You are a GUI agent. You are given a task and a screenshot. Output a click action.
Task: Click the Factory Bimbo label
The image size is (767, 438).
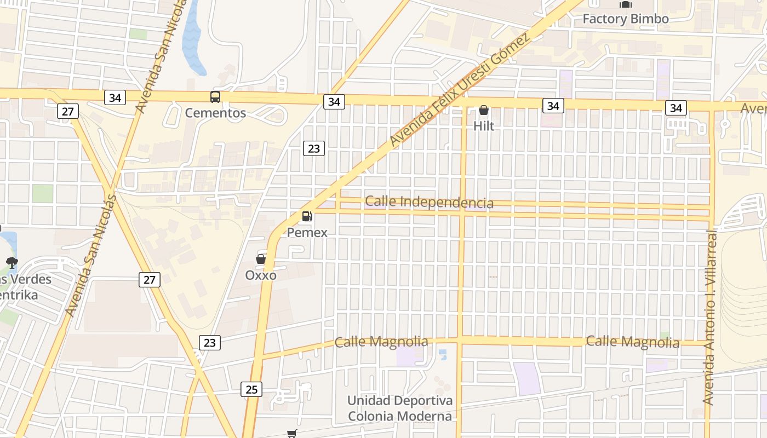coord(625,19)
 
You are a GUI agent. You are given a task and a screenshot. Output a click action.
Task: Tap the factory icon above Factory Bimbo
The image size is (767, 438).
coord(625,4)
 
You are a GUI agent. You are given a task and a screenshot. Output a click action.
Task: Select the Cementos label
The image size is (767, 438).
coord(215,113)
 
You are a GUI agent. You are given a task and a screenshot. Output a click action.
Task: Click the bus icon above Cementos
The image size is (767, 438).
coord(215,97)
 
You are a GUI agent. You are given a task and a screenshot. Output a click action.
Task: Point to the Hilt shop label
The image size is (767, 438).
coord(484,126)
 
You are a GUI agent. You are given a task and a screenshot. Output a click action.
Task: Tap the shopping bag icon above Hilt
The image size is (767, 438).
coord(484,111)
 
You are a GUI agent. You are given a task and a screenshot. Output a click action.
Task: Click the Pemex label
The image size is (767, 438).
coord(307,232)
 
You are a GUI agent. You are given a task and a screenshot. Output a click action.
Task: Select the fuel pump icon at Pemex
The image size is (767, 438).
coord(307,216)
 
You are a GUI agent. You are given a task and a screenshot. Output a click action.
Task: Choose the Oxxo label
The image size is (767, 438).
coord(261,275)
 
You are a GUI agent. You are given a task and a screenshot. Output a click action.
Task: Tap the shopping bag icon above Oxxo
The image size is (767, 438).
coord(261,258)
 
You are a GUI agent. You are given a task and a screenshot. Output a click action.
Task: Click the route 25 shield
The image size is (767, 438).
coord(251,389)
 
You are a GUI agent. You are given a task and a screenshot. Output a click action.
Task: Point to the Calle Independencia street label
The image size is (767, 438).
coord(429,202)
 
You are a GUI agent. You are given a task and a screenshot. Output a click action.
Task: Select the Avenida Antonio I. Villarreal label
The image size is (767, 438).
coord(709,318)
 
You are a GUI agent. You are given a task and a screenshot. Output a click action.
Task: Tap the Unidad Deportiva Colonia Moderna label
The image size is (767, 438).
coord(400,408)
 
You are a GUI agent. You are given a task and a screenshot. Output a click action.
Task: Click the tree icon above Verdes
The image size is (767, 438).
coord(12,263)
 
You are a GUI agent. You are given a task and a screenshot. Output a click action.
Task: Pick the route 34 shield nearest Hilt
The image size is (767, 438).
coord(553,106)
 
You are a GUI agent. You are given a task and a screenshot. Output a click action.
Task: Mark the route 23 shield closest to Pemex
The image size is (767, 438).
coord(314,148)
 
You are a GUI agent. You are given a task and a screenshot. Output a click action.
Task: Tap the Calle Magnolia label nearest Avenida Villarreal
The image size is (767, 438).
coord(633,342)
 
